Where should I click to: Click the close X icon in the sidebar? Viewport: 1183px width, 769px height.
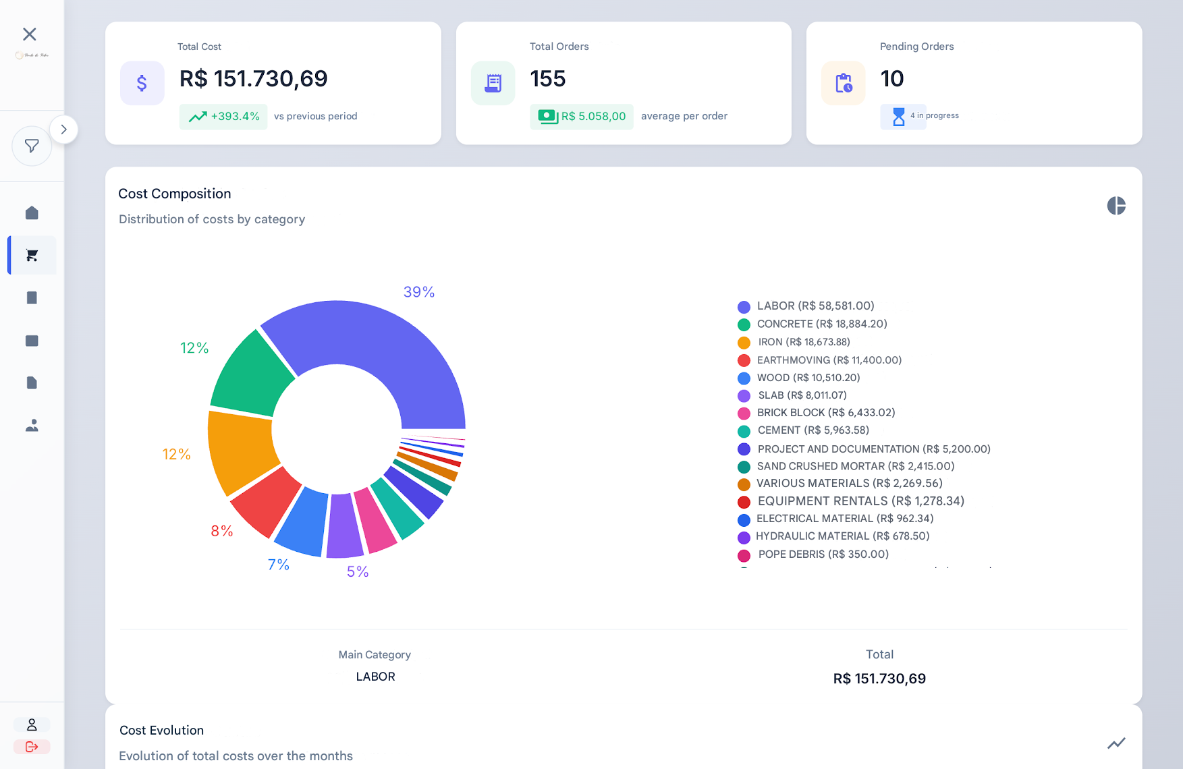30,34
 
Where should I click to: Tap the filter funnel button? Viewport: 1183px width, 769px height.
32,146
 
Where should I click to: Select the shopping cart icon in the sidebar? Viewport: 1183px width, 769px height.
32,255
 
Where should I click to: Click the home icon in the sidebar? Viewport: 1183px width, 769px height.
32,213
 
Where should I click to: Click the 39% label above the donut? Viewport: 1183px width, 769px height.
418,292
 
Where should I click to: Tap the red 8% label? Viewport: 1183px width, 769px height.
222,531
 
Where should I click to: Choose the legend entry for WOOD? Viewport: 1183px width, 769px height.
808,378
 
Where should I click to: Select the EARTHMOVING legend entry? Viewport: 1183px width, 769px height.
829,360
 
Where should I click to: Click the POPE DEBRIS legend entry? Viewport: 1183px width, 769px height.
823,554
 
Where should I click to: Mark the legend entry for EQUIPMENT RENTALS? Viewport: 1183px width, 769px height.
860,501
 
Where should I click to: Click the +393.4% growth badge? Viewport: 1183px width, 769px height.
223,117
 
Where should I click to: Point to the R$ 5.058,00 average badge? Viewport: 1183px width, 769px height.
582,117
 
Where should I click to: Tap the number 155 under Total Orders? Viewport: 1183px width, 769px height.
548,79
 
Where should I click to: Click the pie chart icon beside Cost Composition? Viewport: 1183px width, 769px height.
1116,206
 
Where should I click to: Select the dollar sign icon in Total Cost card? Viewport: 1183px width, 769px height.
142,83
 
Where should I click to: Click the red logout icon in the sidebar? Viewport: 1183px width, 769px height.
32,747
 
